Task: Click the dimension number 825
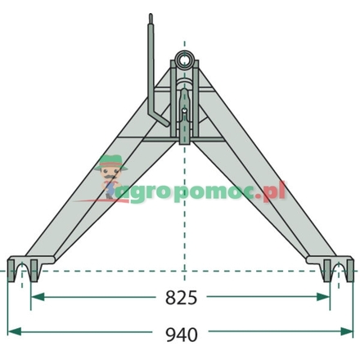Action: pos(181,297)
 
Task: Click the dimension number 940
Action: pos(182,335)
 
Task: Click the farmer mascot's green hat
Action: pos(111,161)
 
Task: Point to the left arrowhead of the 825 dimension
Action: pos(38,296)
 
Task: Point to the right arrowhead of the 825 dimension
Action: pos(323,296)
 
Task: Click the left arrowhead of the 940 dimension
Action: pos(15,331)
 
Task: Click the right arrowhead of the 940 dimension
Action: pos(346,331)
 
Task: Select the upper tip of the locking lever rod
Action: pos(151,15)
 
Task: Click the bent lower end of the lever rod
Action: pos(161,120)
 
